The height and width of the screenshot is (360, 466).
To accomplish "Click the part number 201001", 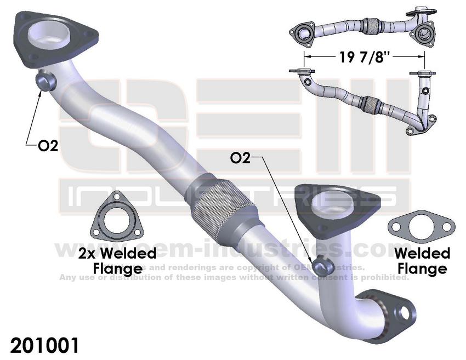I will pyautogui.click(x=44, y=346).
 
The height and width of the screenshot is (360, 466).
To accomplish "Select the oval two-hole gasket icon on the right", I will pyautogui.click(x=420, y=226).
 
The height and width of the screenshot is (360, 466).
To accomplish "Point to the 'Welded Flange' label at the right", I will pyautogui.click(x=422, y=261).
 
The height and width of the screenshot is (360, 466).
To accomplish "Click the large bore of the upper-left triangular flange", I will pyautogui.click(x=51, y=33).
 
